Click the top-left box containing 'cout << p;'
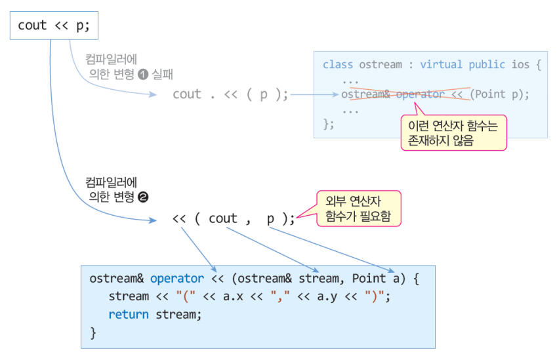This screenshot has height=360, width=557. [54, 26]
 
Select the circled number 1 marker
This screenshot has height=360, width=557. [143, 75]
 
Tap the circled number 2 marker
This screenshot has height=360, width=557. [143, 197]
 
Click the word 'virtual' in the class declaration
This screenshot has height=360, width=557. [441, 65]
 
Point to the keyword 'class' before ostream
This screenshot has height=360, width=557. [338, 65]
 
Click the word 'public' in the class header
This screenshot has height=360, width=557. [487, 66]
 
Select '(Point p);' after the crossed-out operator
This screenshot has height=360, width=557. [499, 94]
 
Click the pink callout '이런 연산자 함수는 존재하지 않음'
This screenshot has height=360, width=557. [453, 132]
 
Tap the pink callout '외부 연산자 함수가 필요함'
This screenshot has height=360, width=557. [359, 209]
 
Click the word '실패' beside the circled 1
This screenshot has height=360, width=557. [162, 75]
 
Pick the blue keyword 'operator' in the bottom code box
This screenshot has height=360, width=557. [177, 279]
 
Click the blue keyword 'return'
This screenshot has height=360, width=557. [129, 315]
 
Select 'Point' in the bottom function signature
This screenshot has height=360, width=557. [369, 278]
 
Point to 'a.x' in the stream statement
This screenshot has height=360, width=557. [233, 296]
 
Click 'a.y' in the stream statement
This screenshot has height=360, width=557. [327, 297]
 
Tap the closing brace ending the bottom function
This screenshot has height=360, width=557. [93, 333]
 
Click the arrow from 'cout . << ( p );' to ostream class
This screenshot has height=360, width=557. [314, 94]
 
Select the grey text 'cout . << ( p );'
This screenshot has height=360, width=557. [230, 94]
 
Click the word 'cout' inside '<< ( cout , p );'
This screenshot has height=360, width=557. [222, 218]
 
